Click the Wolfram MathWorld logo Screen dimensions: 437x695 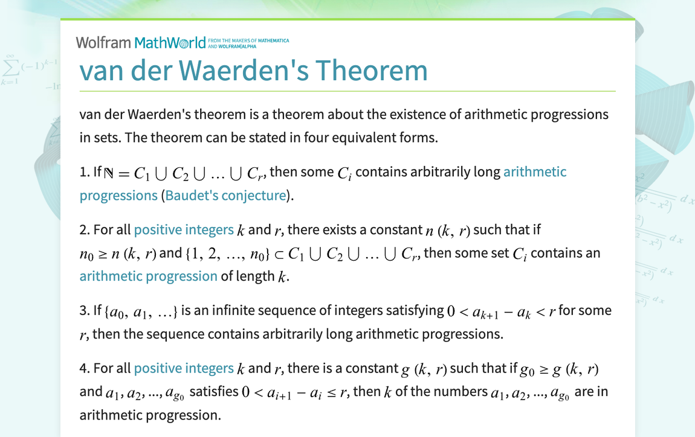pos(140,43)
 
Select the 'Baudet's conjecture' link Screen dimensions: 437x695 pos(225,196)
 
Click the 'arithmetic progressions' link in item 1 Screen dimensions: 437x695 pos(535,172)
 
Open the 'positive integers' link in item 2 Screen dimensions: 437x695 pos(183,230)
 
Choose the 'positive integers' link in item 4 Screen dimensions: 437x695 pos(183,368)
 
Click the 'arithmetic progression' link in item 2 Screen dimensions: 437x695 pos(148,276)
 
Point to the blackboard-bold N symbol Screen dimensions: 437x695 pos(109,173)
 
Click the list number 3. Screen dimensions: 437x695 pos(84,311)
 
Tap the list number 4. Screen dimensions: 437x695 pos(84,368)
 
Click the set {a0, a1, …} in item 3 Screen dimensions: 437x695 pos(141,312)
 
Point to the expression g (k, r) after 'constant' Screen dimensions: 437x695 pos(424,369)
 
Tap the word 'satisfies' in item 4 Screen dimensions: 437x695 pos(214,392)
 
